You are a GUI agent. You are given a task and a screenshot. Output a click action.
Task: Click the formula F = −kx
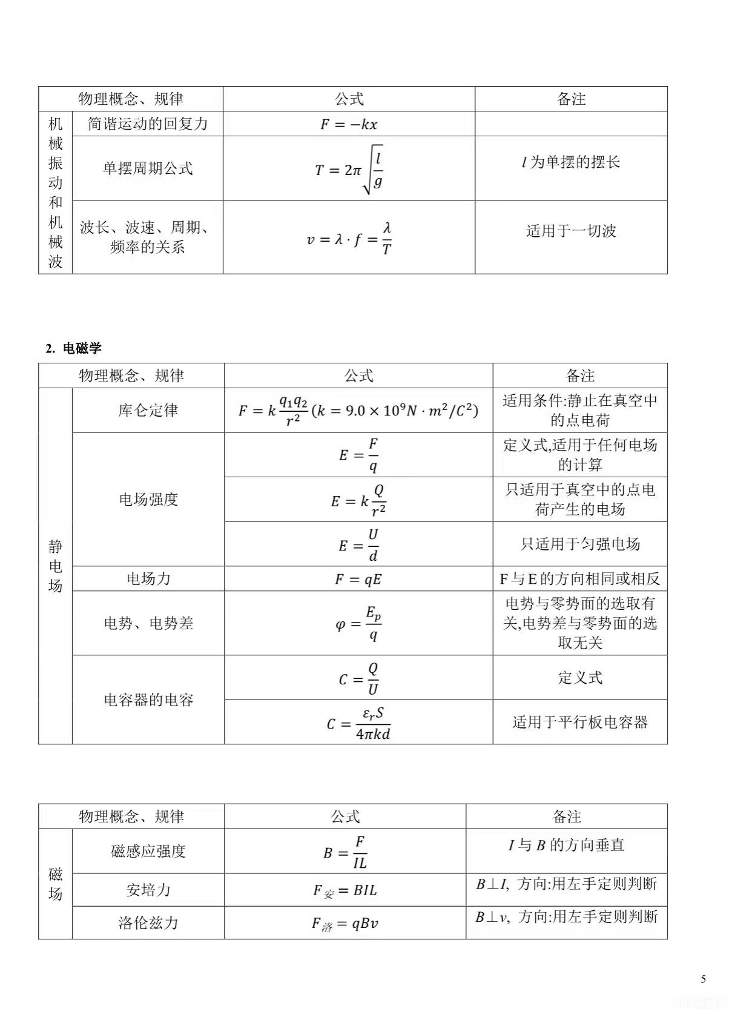pyautogui.click(x=349, y=124)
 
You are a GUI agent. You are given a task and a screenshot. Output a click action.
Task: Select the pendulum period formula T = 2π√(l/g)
pyautogui.click(x=349, y=170)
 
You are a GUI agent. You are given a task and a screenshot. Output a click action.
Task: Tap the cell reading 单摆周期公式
pyautogui.click(x=148, y=168)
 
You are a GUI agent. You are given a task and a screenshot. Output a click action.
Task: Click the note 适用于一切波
pyautogui.click(x=571, y=231)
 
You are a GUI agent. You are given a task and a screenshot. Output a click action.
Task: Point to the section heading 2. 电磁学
pyautogui.click(x=73, y=348)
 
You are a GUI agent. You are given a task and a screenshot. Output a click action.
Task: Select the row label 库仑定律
pyautogui.click(x=148, y=410)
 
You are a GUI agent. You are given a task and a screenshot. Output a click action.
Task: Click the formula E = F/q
pyautogui.click(x=359, y=455)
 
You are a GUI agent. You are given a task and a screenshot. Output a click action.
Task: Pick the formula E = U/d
pyautogui.click(x=359, y=544)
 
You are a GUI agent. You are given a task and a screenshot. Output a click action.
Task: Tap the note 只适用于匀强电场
pyautogui.click(x=580, y=544)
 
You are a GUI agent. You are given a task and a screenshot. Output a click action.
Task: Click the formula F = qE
pyautogui.click(x=358, y=580)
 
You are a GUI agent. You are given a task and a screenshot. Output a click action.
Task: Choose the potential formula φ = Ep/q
pyautogui.click(x=358, y=623)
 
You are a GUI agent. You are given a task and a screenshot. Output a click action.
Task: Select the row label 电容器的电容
pyautogui.click(x=148, y=700)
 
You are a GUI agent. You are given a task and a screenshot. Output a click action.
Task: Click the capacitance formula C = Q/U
pyautogui.click(x=359, y=678)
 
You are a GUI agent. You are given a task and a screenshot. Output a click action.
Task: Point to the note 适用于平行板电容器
pyautogui.click(x=580, y=722)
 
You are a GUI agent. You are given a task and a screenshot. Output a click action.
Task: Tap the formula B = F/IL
pyautogui.click(x=345, y=852)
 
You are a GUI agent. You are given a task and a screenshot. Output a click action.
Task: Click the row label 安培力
pyautogui.click(x=148, y=890)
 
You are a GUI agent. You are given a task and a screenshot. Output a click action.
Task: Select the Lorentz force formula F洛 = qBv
pyautogui.click(x=345, y=924)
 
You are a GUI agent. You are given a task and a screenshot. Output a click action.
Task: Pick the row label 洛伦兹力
pyautogui.click(x=148, y=923)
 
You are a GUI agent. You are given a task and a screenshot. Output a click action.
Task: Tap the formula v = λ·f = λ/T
pyautogui.click(x=349, y=238)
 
